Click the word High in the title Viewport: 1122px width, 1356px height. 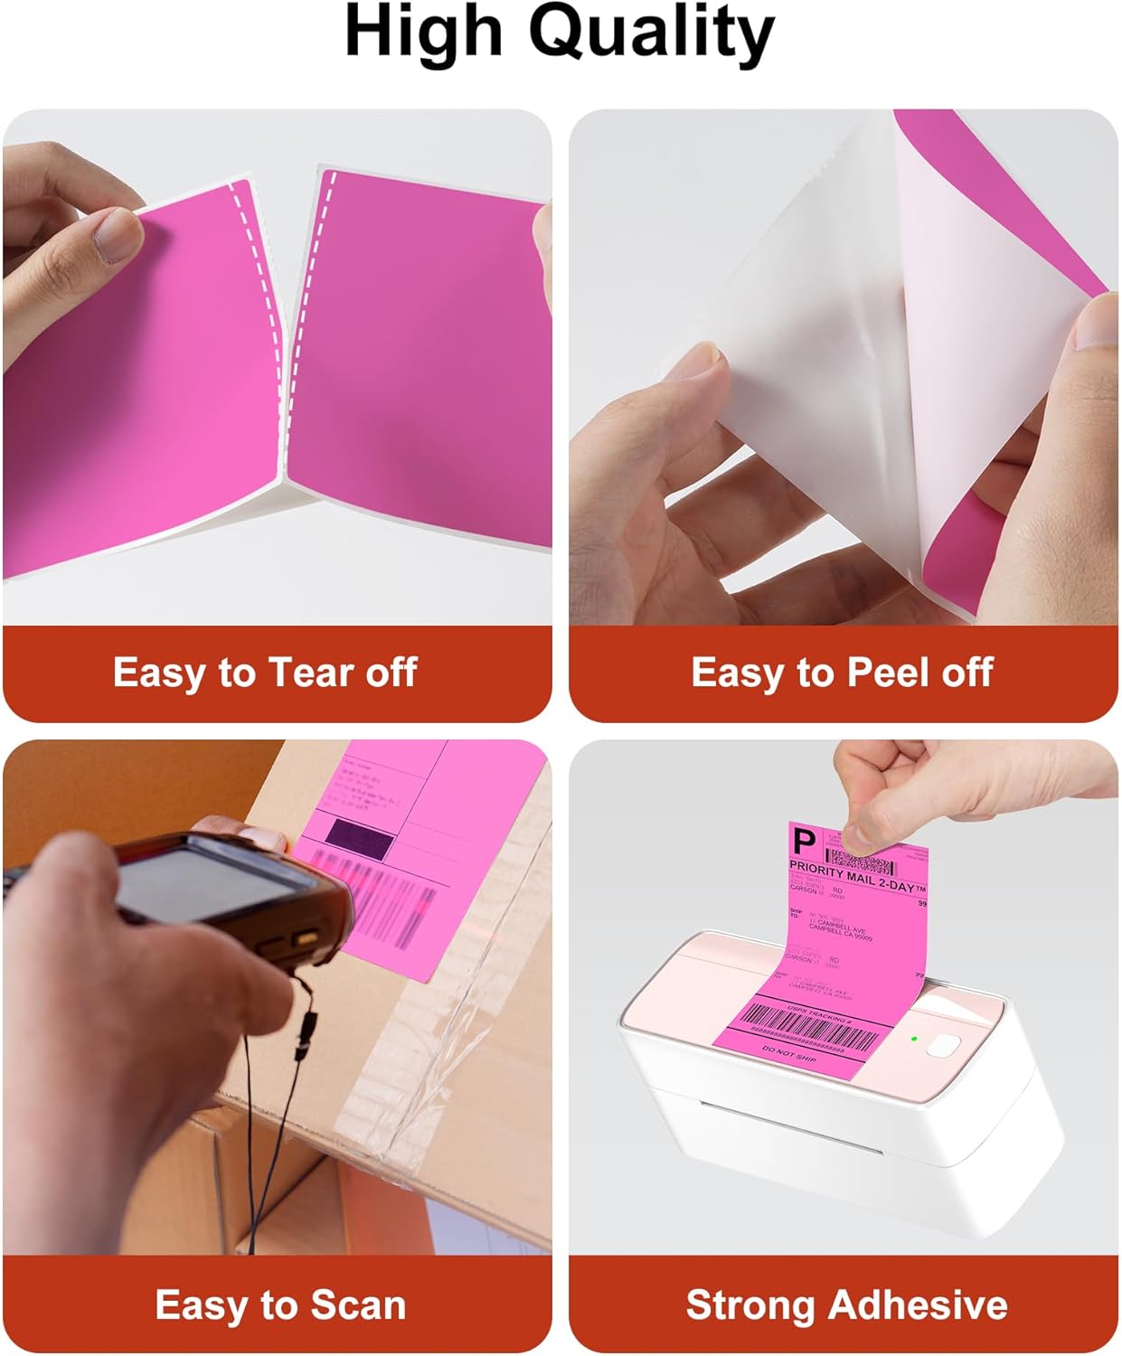(423, 33)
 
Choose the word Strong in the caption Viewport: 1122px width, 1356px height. (750, 1305)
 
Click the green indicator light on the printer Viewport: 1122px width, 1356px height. (914, 1039)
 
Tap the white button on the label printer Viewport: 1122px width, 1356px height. (944, 1046)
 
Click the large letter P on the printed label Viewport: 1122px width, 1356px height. (803, 844)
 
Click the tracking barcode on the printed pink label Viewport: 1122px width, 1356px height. (809, 1034)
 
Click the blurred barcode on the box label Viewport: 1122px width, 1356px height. (398, 904)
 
